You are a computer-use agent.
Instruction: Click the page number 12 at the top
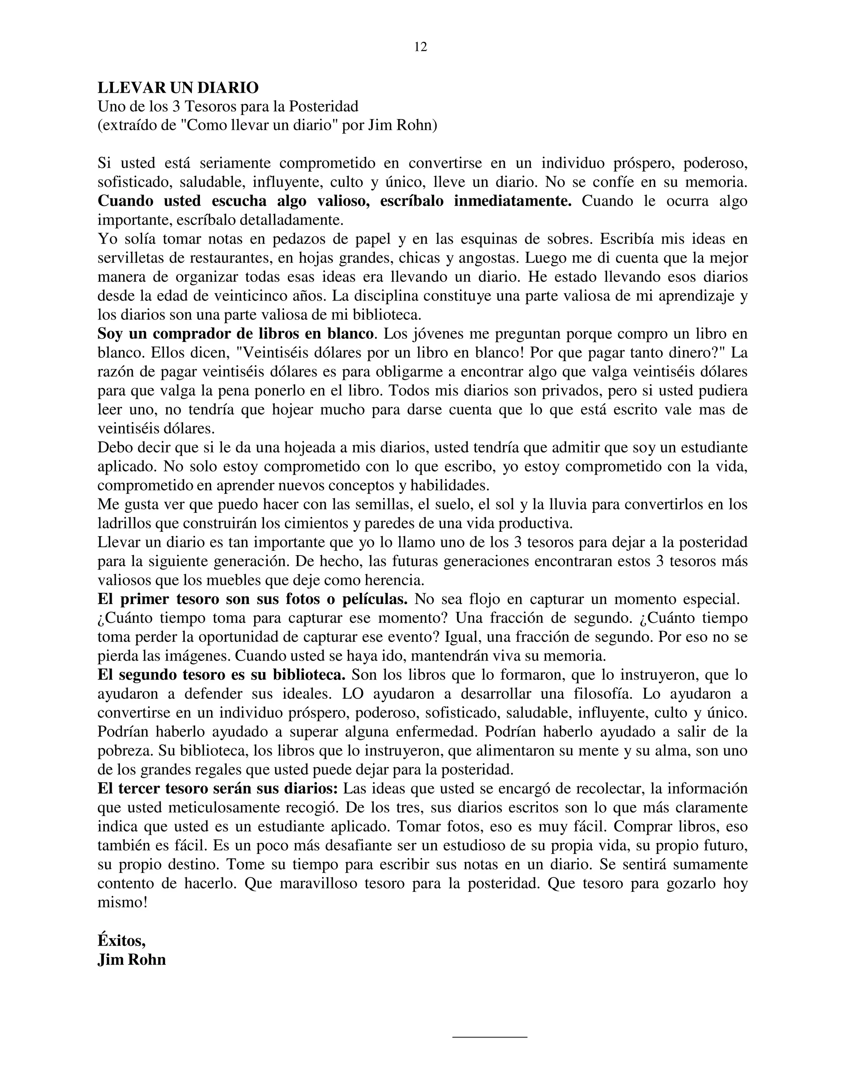420,47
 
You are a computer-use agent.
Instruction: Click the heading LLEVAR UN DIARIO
178,88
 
